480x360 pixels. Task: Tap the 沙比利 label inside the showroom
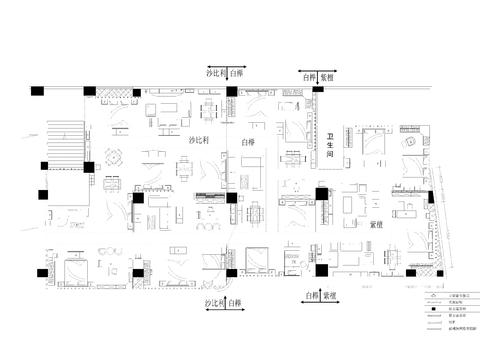click(199, 142)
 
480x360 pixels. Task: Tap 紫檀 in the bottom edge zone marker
click(329, 297)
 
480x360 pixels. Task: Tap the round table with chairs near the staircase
click(113, 156)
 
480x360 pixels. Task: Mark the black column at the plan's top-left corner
click(37, 91)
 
